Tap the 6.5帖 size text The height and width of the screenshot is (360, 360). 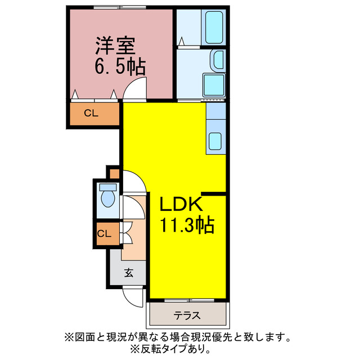pos(119,67)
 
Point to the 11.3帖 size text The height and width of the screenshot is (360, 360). pos(187,226)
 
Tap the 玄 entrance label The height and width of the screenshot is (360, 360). pos(128,273)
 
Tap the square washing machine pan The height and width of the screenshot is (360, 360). pos(214,85)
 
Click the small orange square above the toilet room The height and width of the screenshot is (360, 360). pos(114,172)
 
